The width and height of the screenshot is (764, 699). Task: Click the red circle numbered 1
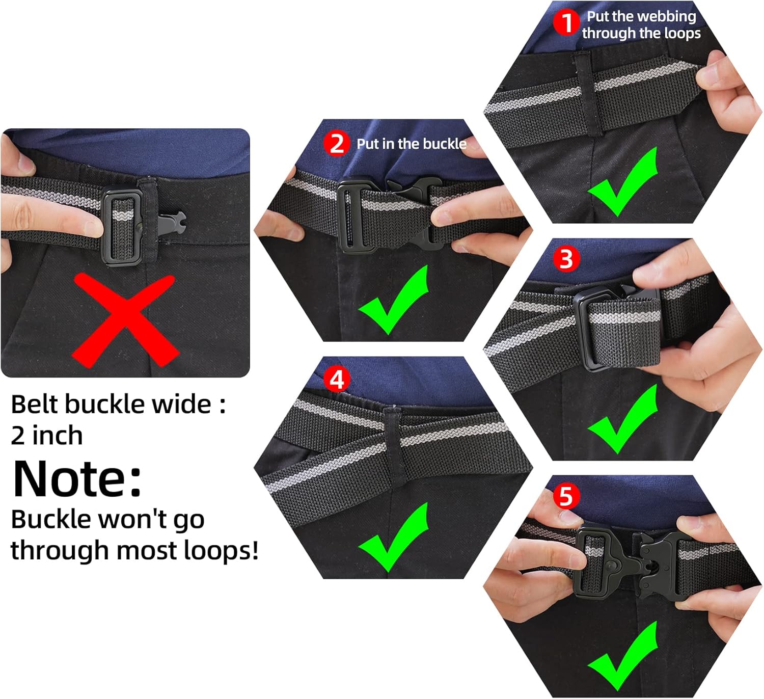566,22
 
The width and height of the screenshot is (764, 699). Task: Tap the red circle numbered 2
337,144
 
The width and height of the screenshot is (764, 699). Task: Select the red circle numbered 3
566,259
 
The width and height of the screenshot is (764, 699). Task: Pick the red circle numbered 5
566,496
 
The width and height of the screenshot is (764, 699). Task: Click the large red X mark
126,320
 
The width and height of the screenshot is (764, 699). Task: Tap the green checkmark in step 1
623,182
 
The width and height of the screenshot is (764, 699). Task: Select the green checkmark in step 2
394,300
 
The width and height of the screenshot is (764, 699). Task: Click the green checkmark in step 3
623,419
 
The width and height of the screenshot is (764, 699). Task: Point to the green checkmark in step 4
394,537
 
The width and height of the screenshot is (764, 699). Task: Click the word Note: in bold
77,479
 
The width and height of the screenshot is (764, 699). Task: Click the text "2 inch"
46,435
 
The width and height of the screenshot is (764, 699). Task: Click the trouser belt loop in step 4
393,447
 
